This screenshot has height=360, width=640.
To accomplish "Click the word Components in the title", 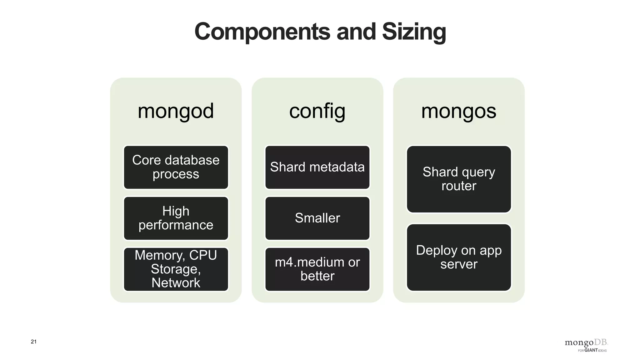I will (x=262, y=32).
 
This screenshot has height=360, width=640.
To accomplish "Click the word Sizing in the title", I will (x=414, y=32).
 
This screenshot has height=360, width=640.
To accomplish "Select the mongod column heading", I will (x=176, y=111).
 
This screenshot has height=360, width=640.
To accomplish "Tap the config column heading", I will (x=317, y=111).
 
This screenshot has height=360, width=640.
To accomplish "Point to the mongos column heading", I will (x=458, y=111).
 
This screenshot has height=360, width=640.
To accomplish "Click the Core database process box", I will (x=176, y=167).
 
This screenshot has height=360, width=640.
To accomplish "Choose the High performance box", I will (x=176, y=218).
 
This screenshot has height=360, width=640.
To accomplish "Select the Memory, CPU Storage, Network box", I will (x=176, y=269).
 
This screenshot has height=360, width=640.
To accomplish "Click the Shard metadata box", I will (x=317, y=167).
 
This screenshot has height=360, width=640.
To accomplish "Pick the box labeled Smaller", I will (x=317, y=218).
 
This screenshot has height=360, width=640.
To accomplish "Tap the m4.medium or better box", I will (x=317, y=269).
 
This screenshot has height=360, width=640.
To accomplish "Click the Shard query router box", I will (x=458, y=179).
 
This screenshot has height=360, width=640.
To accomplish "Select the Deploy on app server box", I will (x=458, y=257).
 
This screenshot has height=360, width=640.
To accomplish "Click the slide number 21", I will (x=33, y=342).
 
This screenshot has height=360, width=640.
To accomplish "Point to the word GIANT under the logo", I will (x=591, y=350).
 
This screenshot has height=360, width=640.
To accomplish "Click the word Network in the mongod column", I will (x=176, y=283).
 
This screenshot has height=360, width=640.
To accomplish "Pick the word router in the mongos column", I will (x=458, y=186).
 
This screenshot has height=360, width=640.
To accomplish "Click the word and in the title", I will (x=356, y=32).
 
